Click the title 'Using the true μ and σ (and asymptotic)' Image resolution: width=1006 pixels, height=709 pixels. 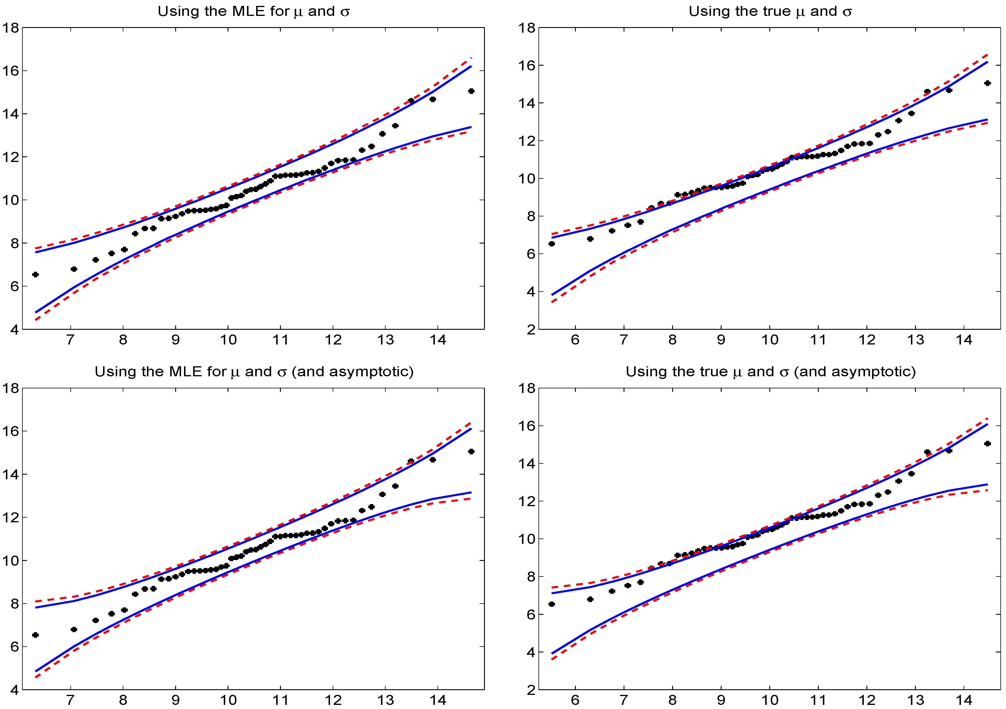(770, 372)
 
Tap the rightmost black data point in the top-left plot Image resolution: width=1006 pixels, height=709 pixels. (471, 91)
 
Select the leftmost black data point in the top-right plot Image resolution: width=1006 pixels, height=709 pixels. (552, 243)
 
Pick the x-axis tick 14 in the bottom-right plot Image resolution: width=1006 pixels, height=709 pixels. (964, 700)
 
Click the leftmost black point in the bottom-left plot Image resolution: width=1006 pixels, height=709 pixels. (36, 635)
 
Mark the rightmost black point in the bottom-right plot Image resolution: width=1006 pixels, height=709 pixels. (987, 443)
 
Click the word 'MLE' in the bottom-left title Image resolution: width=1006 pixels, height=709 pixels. (186, 372)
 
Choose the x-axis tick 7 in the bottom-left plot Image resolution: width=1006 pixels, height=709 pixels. (70, 700)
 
